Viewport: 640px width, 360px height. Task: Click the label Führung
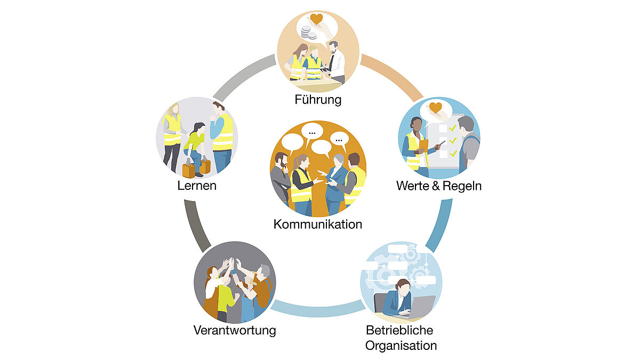click(318, 100)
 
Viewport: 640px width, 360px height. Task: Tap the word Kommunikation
click(318, 225)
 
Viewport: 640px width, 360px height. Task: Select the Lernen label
click(197, 186)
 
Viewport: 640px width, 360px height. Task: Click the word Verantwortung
click(235, 331)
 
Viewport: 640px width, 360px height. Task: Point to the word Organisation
click(401, 346)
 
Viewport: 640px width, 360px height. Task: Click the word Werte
click(413, 186)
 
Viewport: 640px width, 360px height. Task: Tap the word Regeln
click(462, 186)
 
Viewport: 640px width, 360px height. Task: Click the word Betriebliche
click(399, 330)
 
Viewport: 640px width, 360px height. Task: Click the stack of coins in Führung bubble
click(308, 32)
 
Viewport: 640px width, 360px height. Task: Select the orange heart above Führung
click(317, 19)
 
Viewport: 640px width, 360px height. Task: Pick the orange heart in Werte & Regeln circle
click(435, 108)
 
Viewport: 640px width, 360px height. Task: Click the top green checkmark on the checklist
click(452, 128)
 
